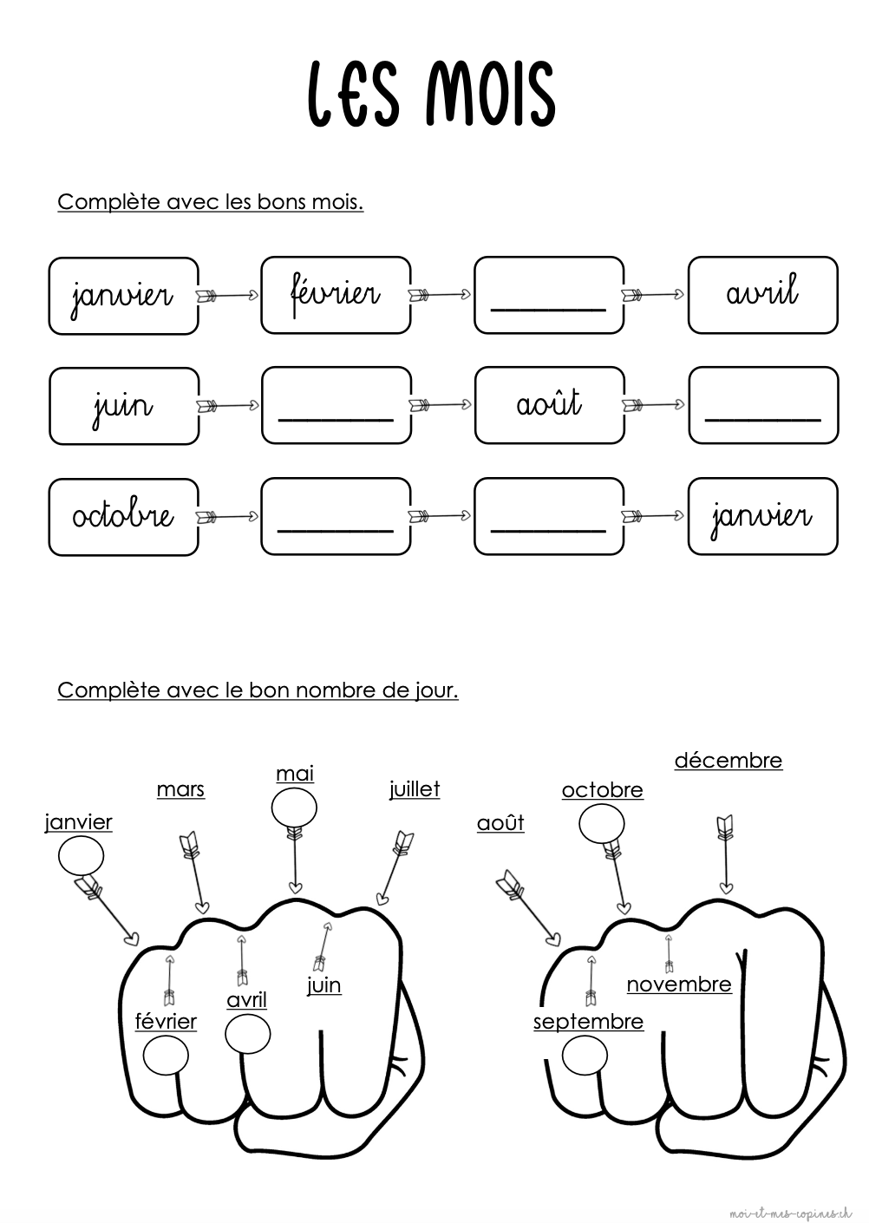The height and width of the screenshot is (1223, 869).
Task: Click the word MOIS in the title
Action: tap(490, 93)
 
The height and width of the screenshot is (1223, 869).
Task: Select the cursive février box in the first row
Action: tap(336, 295)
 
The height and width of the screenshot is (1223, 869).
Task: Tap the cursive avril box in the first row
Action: tap(762, 295)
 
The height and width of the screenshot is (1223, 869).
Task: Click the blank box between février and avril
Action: tap(548, 295)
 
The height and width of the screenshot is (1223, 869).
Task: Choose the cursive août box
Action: tap(549, 405)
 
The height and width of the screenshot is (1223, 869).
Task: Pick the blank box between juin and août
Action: tap(336, 405)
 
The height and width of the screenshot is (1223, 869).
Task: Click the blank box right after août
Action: tap(762, 405)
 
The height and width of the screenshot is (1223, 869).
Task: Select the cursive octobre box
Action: tap(123, 516)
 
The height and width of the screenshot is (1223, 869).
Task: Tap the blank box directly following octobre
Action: tap(336, 516)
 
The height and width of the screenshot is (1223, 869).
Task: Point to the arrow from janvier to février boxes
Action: tap(229, 296)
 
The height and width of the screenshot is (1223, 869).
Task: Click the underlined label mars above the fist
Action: tap(180, 789)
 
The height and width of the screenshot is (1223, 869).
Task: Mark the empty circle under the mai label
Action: tap(294, 809)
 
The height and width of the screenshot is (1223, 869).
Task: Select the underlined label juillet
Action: tap(415, 789)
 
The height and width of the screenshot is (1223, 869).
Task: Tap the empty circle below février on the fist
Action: tap(165, 1056)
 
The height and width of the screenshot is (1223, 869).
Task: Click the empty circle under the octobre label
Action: tap(601, 824)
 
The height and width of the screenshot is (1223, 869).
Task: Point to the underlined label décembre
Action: tap(728, 761)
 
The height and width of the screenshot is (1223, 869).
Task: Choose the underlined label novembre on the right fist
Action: tap(679, 984)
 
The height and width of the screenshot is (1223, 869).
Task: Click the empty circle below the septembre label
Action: tap(585, 1056)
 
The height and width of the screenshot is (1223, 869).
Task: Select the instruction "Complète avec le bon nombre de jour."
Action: tap(258, 690)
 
